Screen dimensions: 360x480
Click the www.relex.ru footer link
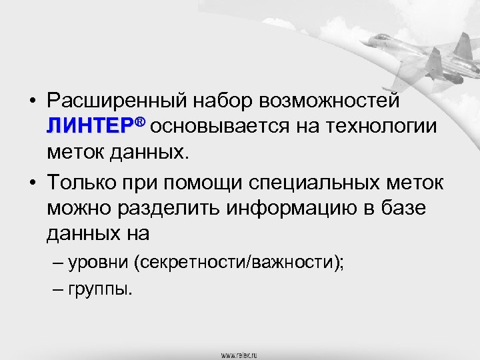point(240,355)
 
